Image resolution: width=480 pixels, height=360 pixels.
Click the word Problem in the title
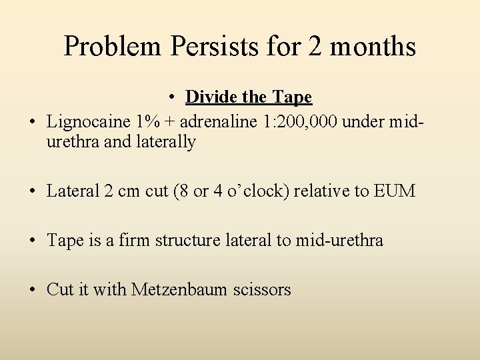(113, 47)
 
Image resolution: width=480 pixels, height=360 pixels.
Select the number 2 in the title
(318, 47)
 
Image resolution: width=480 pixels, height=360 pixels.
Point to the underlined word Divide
(211, 97)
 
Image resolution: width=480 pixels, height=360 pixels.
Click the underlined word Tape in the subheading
(291, 97)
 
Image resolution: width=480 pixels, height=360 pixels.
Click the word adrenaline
(225, 122)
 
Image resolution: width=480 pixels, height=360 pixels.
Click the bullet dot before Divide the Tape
(172, 98)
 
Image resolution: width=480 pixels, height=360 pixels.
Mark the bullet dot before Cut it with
(33, 290)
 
